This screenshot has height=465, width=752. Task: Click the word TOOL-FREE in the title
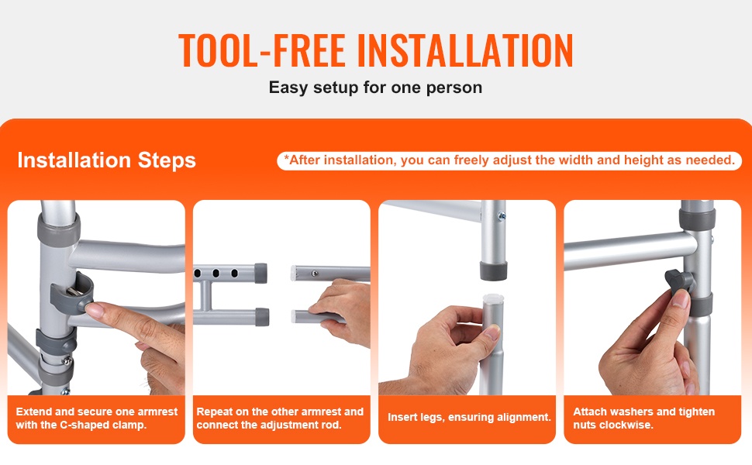pos(262,50)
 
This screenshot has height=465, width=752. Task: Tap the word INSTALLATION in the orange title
pos(464,50)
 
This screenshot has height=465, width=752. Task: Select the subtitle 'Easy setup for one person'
pos(375,88)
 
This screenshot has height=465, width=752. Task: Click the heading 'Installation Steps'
pos(106,160)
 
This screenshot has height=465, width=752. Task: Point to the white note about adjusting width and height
pos(509,160)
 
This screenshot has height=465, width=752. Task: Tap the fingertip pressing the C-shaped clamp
pos(95,310)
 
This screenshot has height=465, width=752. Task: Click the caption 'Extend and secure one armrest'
pos(96,412)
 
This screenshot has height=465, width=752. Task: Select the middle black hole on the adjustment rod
pos(216,274)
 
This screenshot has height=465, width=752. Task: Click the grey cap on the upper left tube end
pos(260,273)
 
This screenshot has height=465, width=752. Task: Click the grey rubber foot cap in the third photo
pos(494,270)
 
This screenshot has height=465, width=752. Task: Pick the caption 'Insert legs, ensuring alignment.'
pos(470,417)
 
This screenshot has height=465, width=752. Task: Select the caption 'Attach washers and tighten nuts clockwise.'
pos(643,418)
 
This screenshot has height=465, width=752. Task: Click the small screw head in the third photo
pos(502,217)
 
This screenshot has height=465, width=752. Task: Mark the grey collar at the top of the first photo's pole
pos(58,231)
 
